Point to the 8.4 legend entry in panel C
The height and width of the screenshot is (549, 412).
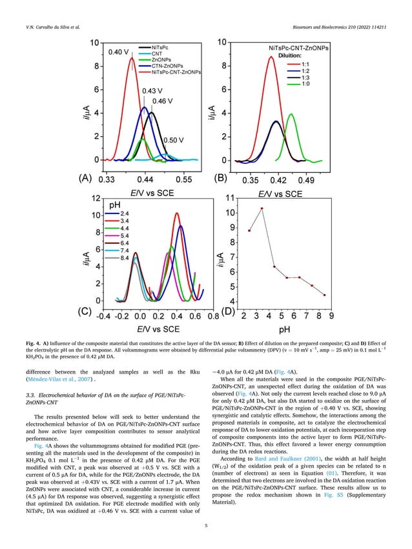[127, 257]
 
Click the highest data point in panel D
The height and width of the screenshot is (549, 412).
[262, 208]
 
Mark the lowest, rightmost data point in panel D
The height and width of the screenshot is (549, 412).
[324, 295]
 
